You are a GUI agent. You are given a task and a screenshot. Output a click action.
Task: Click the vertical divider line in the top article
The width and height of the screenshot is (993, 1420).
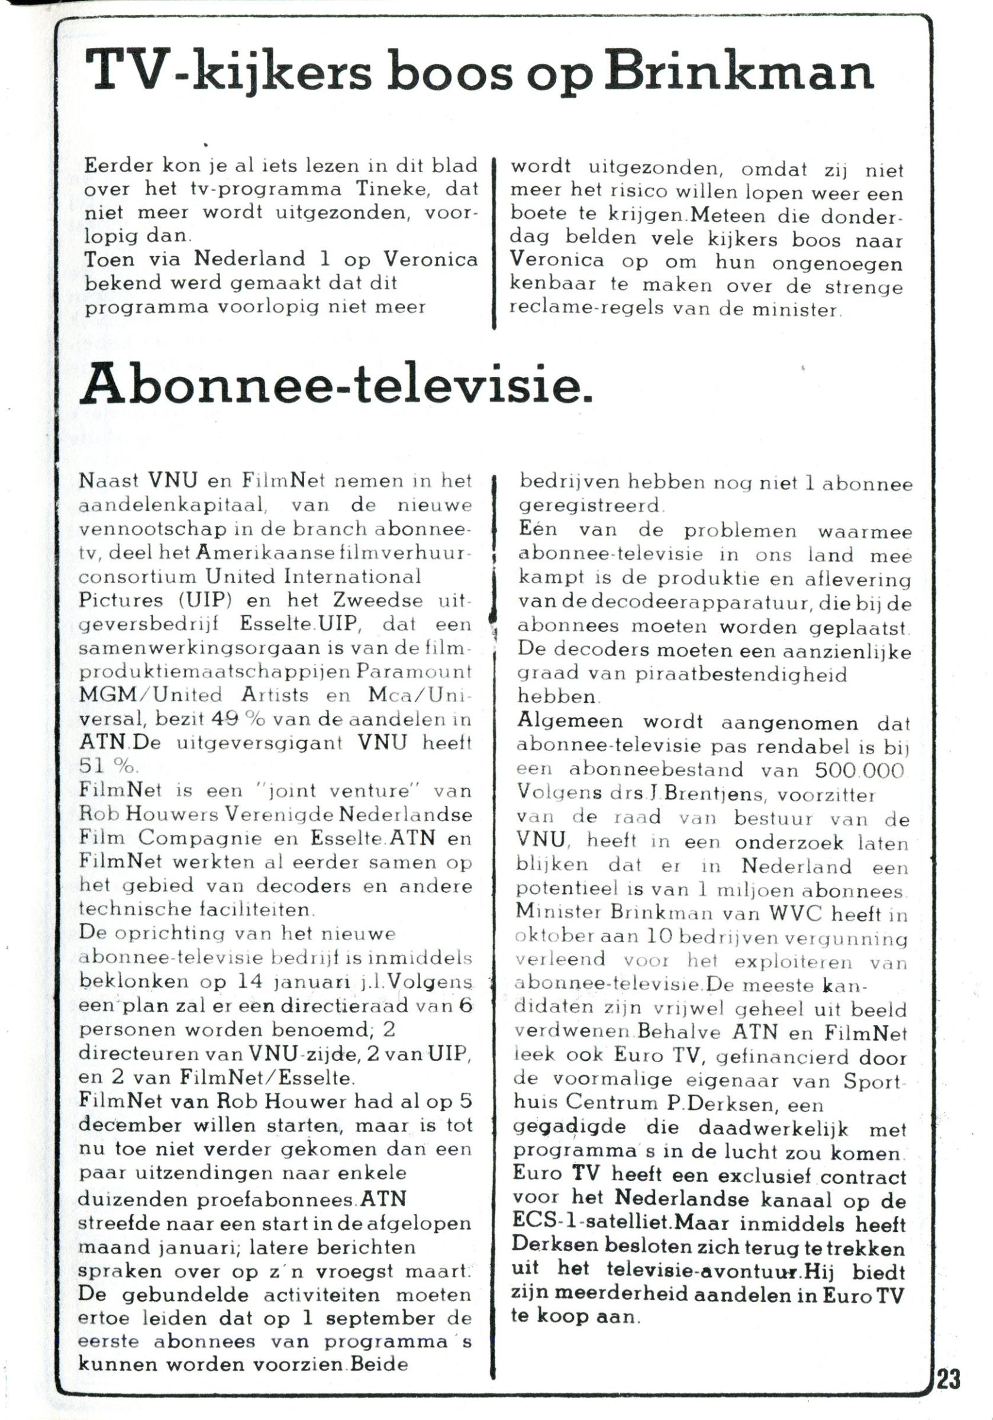pos(494,244)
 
